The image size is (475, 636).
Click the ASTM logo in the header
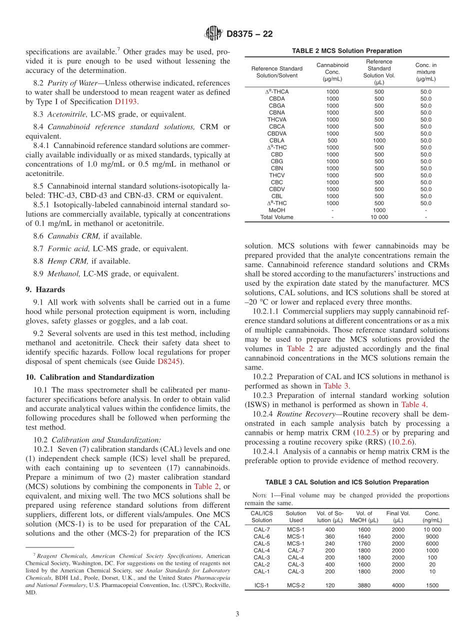[x=213, y=34]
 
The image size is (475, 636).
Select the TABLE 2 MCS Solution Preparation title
[x=347, y=51]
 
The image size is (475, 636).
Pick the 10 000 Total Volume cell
[x=379, y=217]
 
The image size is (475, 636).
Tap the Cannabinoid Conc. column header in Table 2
[x=332, y=72]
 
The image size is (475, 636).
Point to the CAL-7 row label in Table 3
[x=261, y=529]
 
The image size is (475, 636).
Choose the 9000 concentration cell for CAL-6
[x=432, y=536]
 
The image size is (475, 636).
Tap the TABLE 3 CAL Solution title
[x=346, y=482]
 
